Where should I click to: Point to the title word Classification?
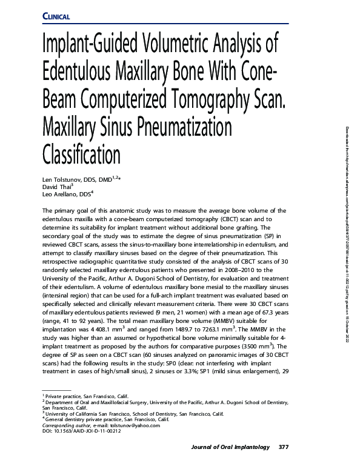(x=81, y=155)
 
